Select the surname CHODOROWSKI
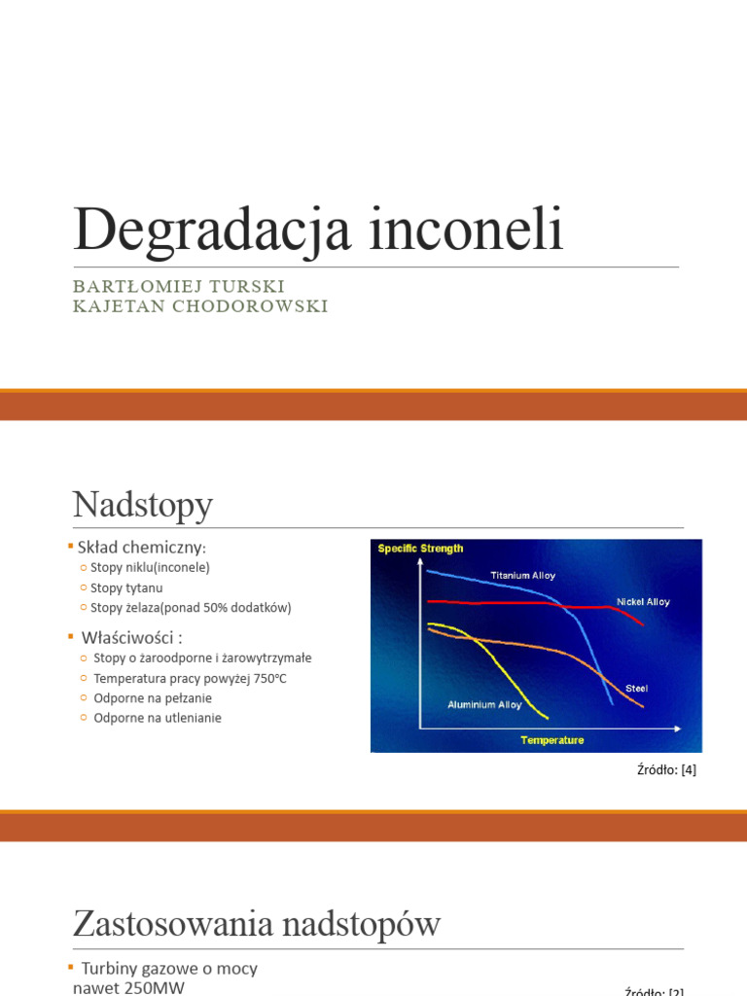coord(249,306)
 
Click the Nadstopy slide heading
coord(142,506)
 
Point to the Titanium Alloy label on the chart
coord(522,576)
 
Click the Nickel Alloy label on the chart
coord(643,602)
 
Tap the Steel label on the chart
coord(636,689)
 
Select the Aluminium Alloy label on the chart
coord(484,704)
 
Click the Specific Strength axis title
coord(420,549)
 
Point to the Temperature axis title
coord(551,740)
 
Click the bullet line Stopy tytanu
coord(126,587)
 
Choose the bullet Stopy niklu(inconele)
coord(150,567)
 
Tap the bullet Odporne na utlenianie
coord(158,718)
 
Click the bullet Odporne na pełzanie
coord(153,697)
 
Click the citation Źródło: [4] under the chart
coord(666,770)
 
